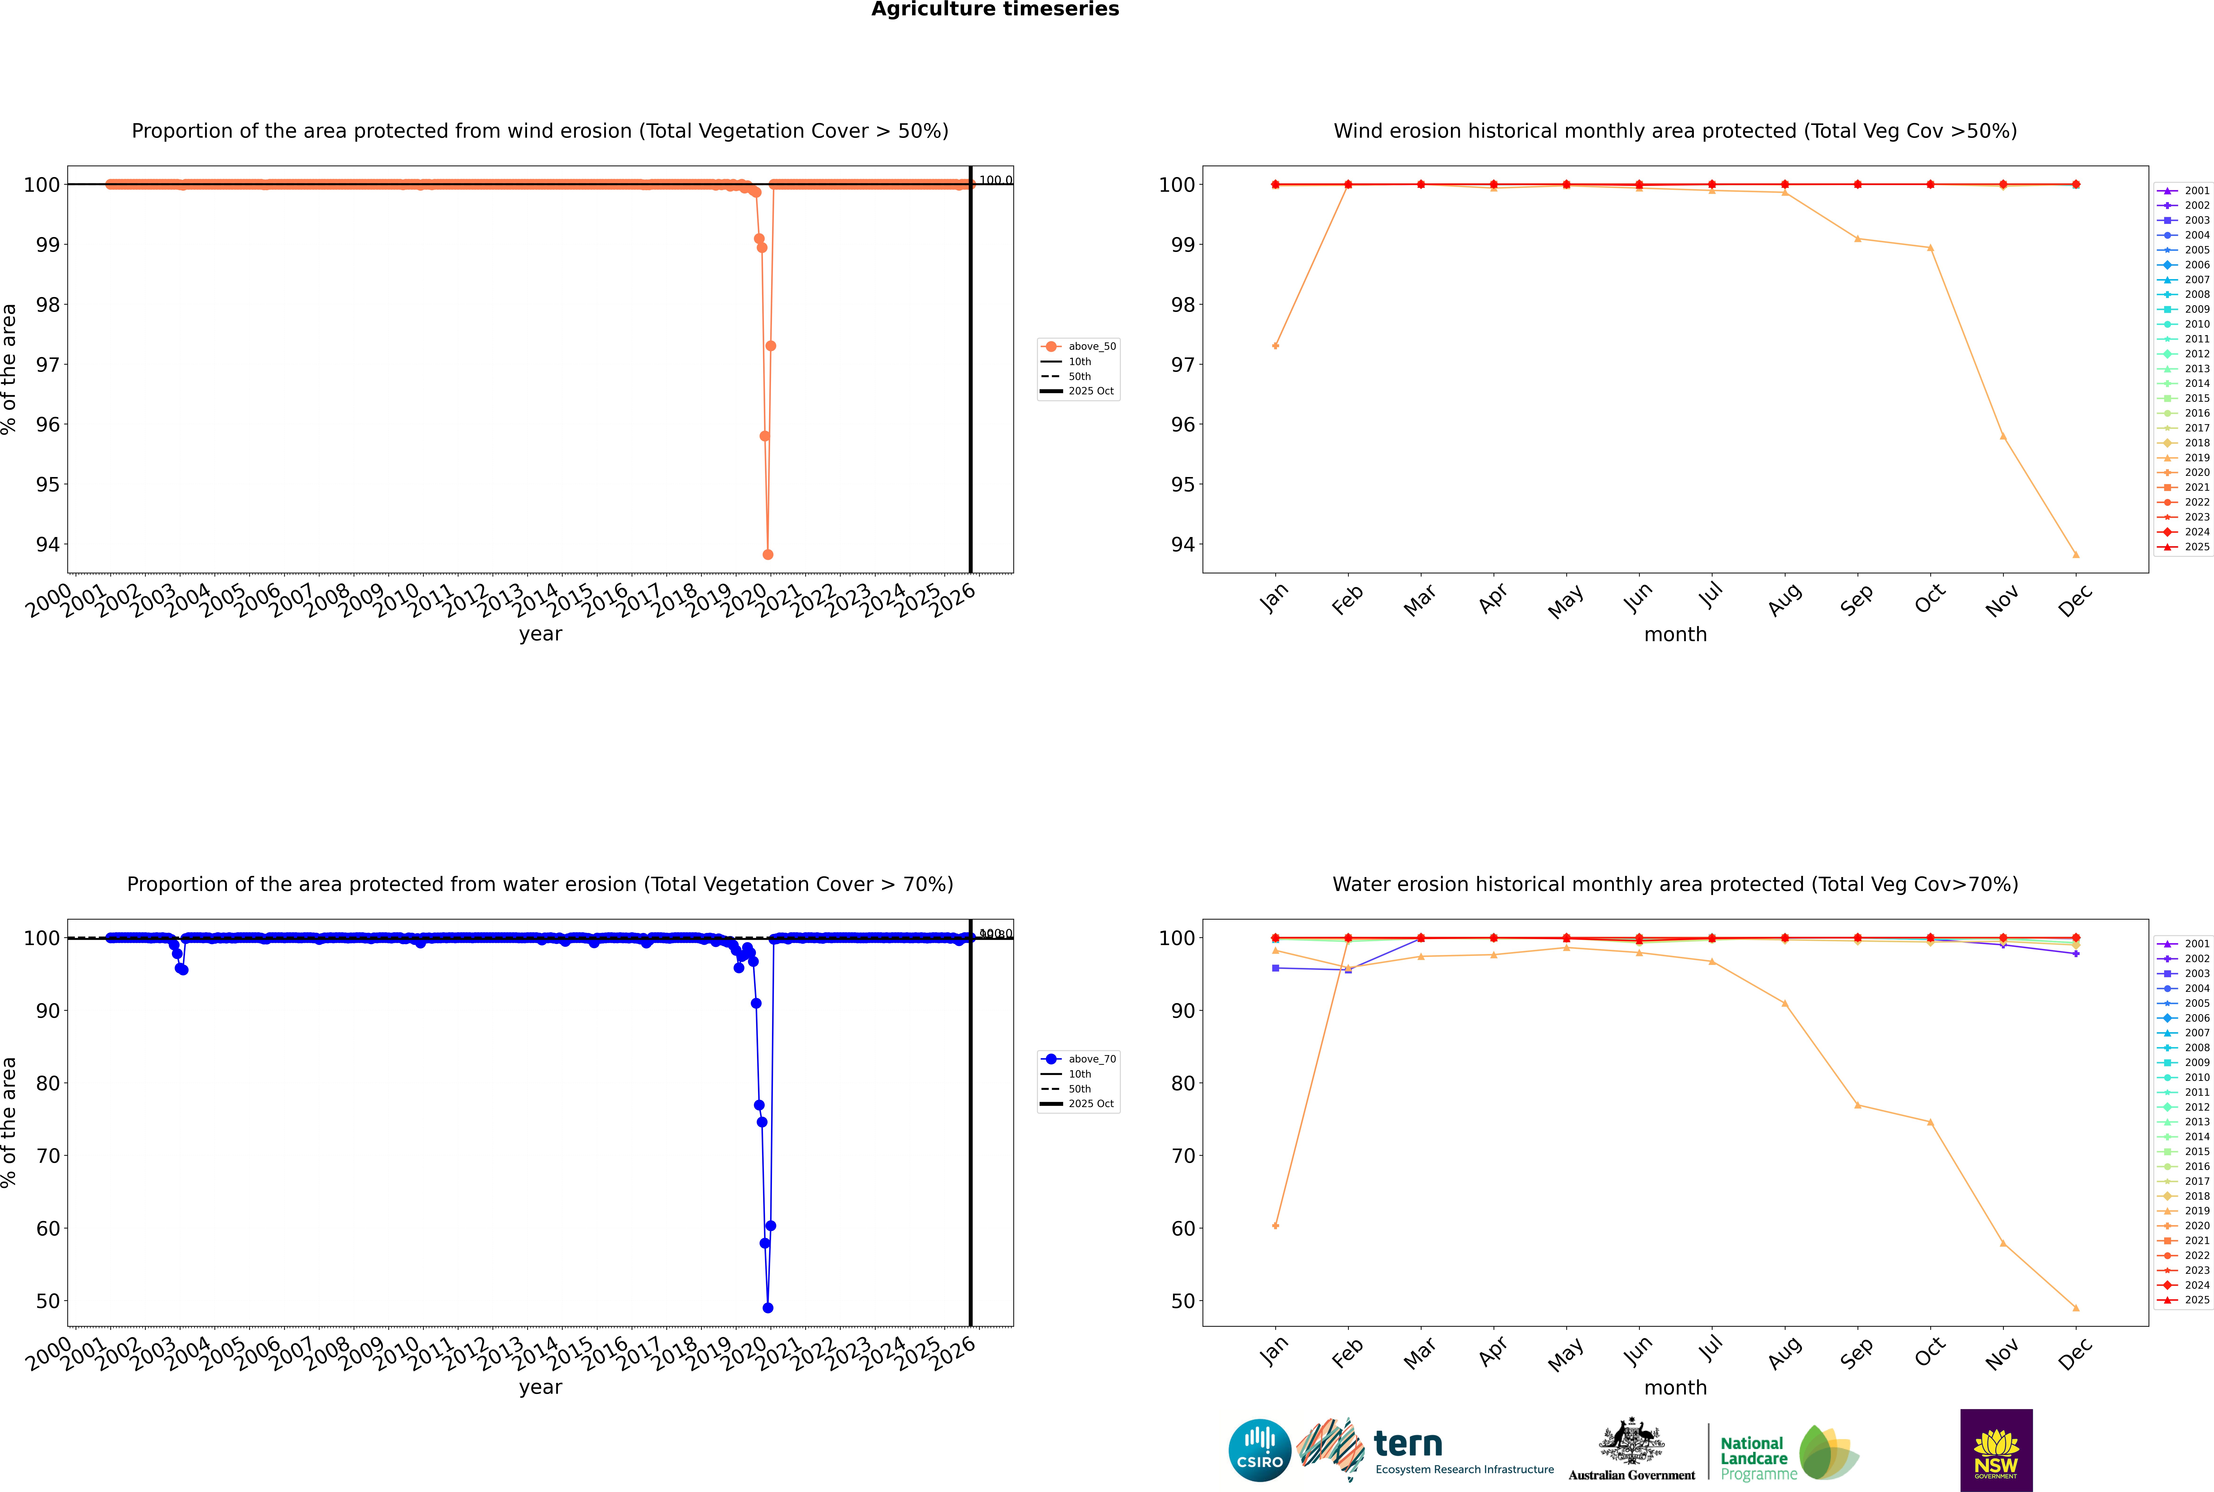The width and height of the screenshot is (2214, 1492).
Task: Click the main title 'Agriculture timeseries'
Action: (x=995, y=9)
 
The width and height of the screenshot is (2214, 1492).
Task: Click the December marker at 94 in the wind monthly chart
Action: (x=2076, y=555)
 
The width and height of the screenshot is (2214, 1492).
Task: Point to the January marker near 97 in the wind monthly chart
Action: (x=1276, y=345)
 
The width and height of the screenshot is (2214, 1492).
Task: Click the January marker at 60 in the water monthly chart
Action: (x=1276, y=1226)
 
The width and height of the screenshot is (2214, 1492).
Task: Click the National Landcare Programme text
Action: (x=1753, y=1458)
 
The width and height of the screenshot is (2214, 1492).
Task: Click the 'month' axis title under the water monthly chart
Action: (x=1675, y=1387)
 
